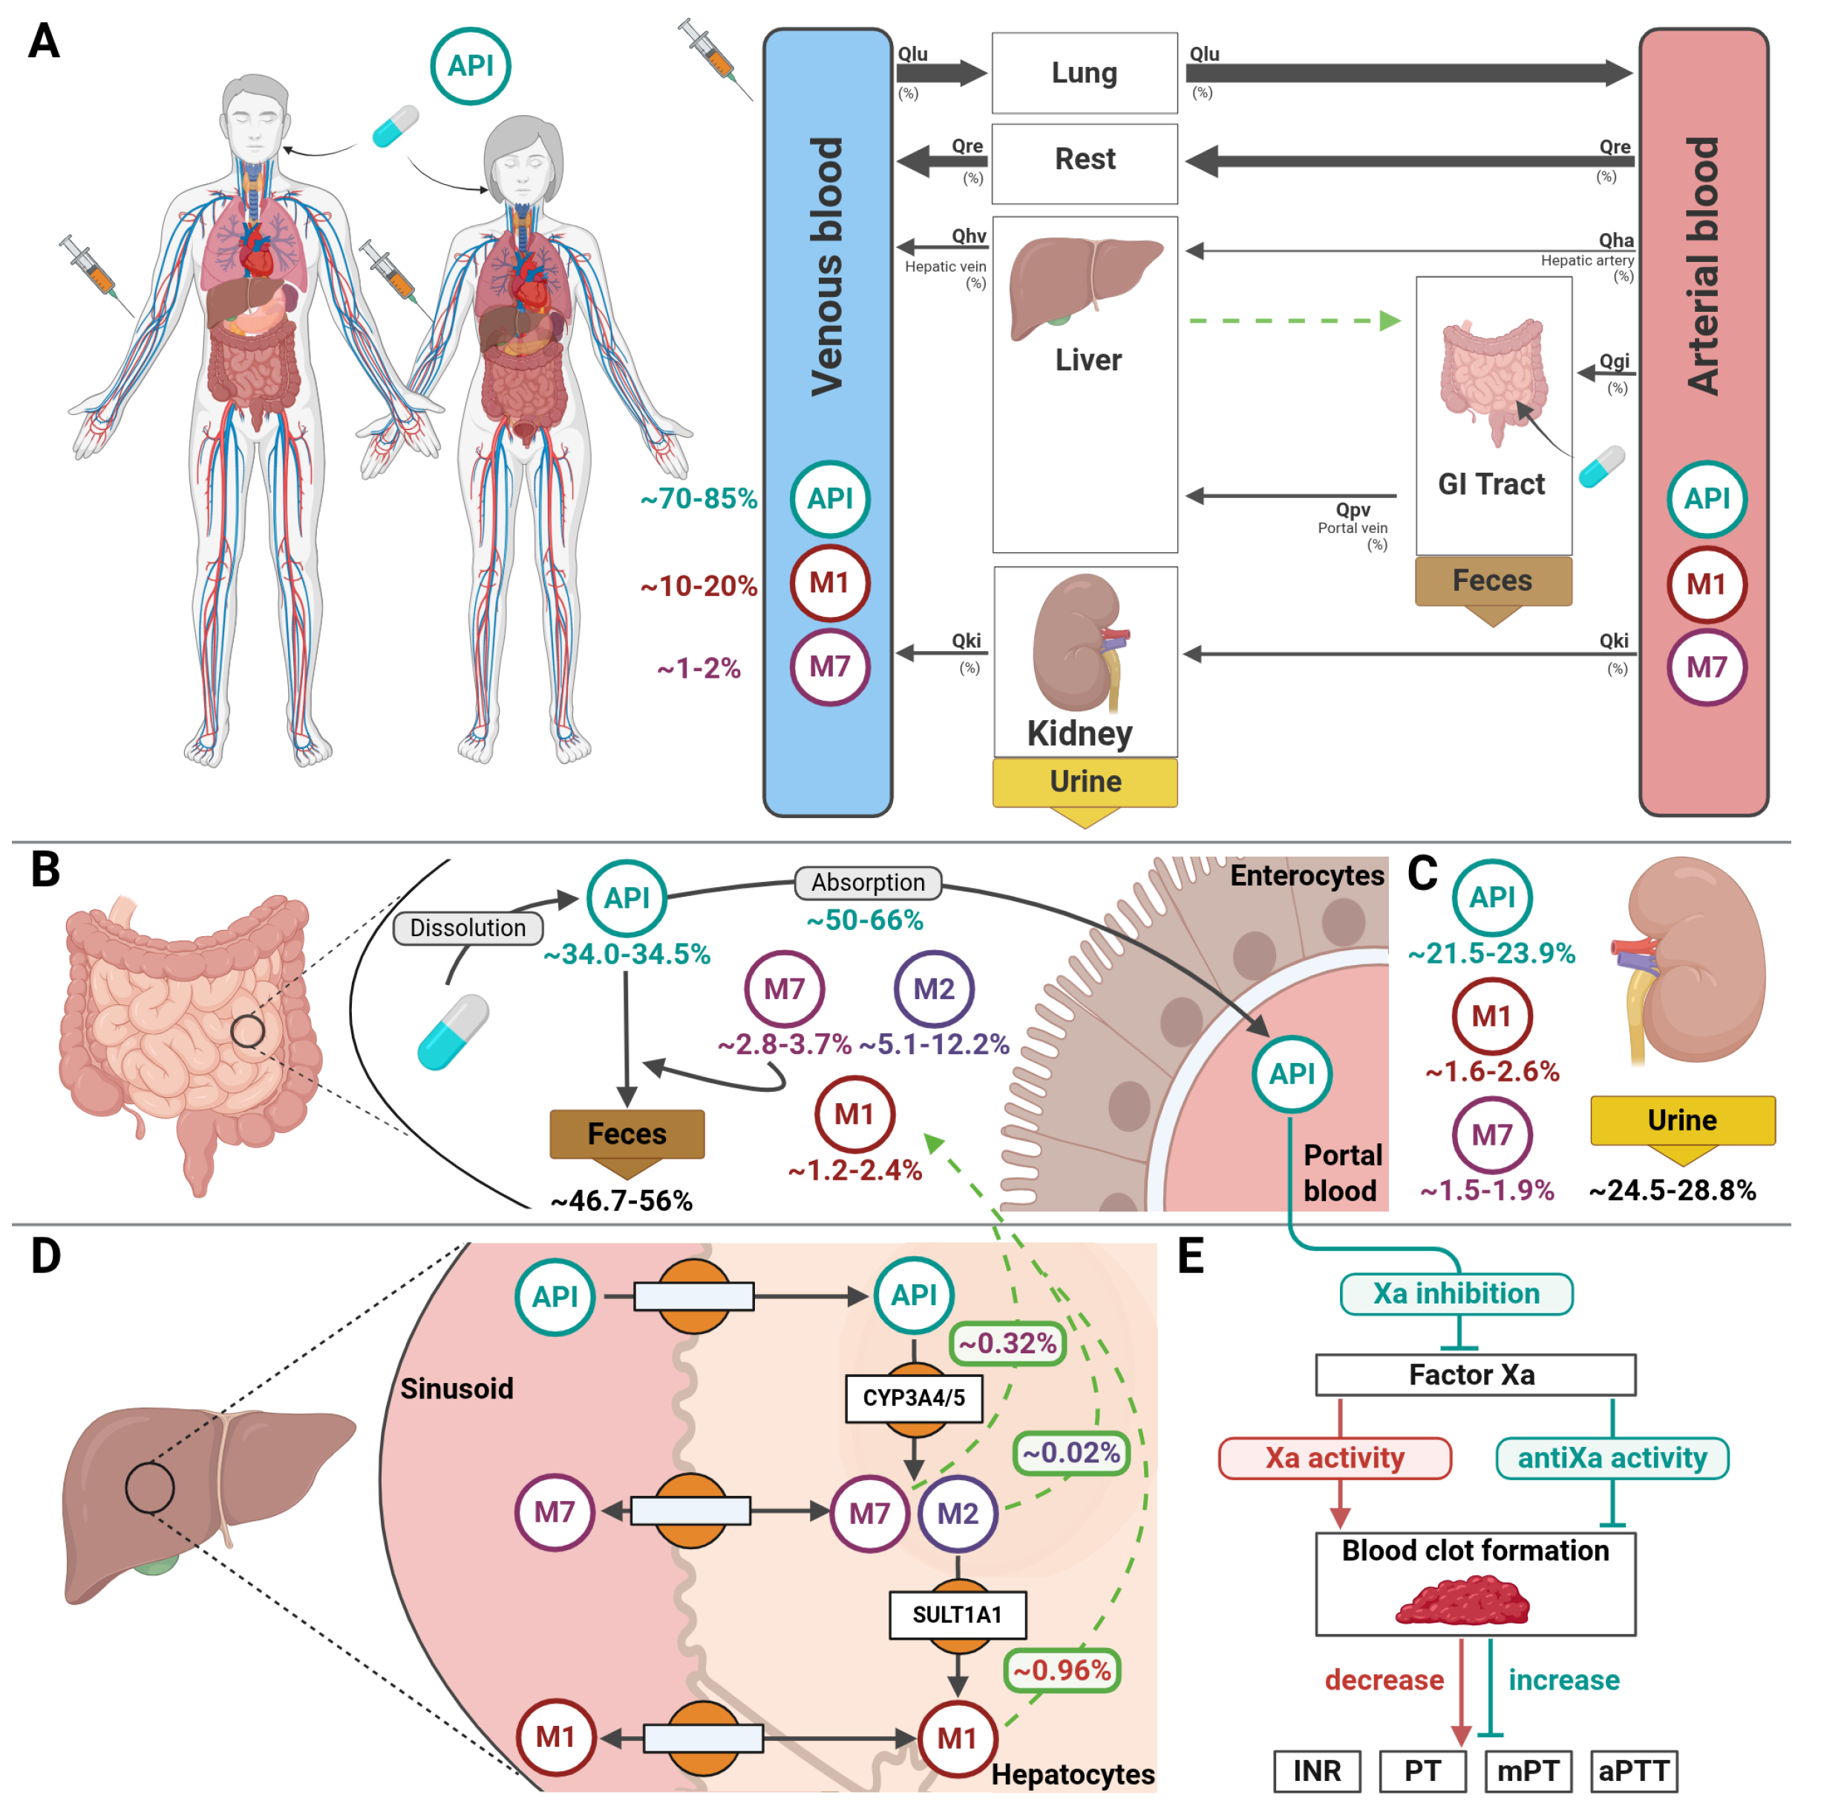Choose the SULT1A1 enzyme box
click(958, 1615)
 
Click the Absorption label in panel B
click(868, 883)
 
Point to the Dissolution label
click(468, 929)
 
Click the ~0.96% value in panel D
click(1062, 1671)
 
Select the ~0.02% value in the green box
click(1072, 1454)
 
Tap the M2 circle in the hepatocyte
click(958, 1514)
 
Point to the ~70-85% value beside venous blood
click(699, 499)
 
